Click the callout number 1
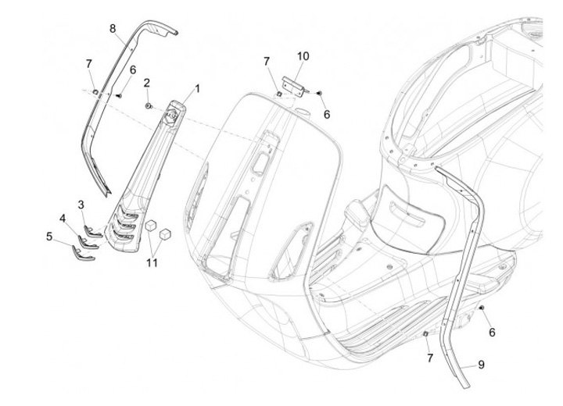[197, 88]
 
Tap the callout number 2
[146, 83]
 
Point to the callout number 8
[113, 28]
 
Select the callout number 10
[303, 56]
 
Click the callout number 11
[152, 262]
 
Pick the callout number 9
[481, 365]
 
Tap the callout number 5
[49, 237]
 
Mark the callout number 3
[81, 205]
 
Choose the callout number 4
[63, 218]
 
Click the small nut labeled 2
[149, 106]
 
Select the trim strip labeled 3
[93, 232]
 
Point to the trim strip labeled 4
[88, 242]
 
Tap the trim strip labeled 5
[83, 253]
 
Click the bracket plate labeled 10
[294, 86]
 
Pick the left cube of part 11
[151, 225]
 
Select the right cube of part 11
[165, 234]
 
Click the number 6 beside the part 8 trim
[133, 70]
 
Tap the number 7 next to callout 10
[266, 62]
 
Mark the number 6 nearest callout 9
[492, 333]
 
